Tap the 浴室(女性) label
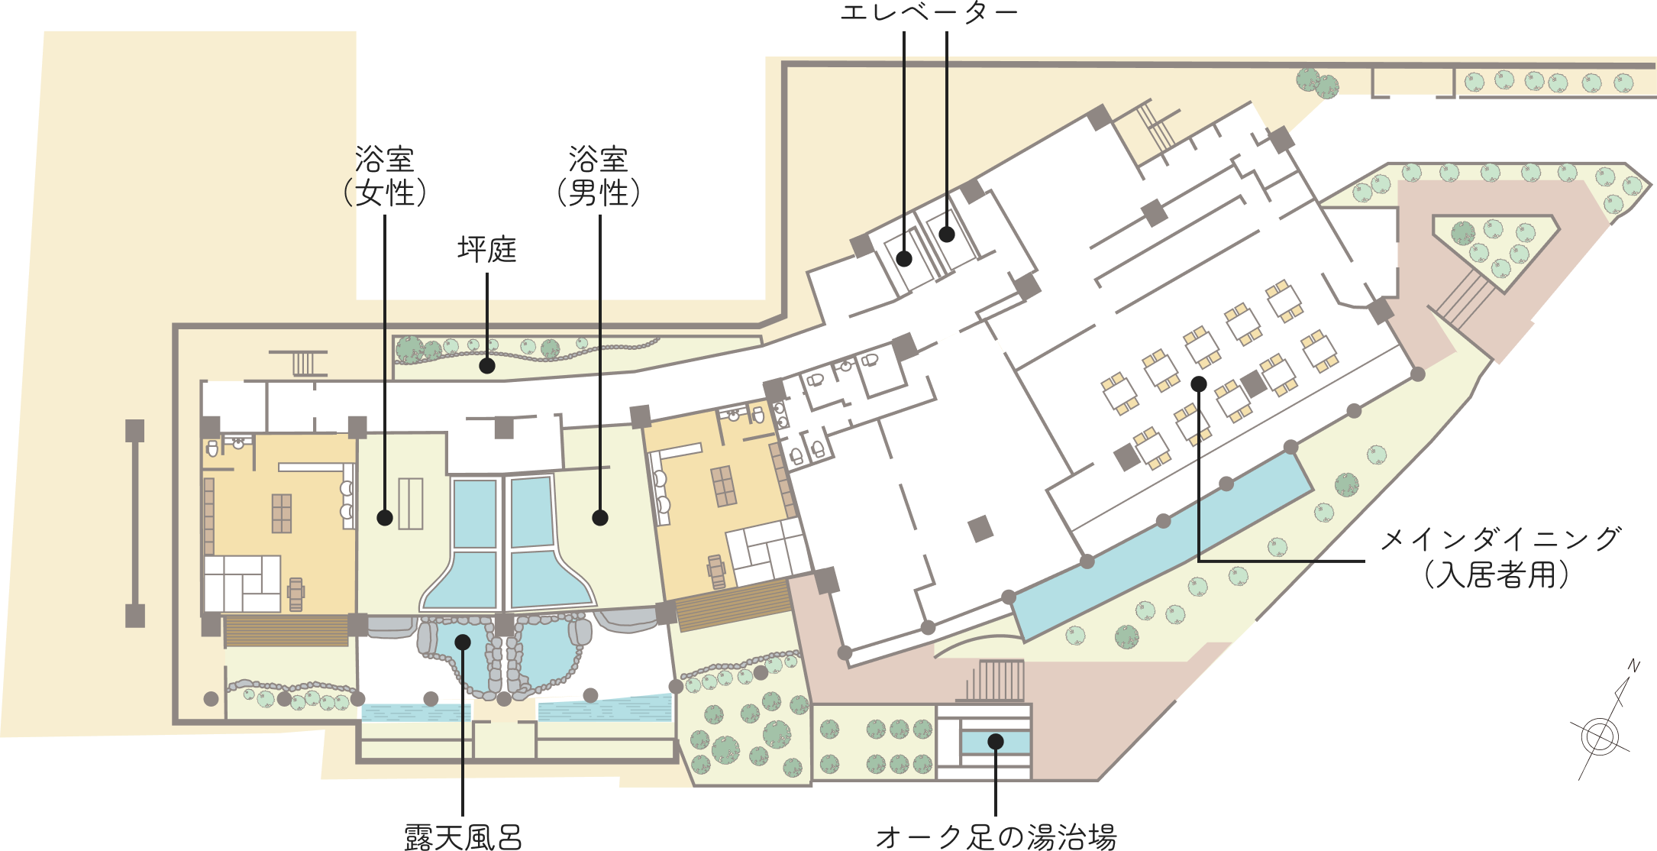[385, 176]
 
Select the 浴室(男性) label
[599, 176]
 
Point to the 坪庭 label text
[487, 249]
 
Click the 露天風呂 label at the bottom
[463, 837]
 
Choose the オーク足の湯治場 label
[996, 837]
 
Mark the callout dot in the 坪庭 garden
[487, 366]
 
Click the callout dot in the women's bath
[385, 518]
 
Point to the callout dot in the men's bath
[600, 518]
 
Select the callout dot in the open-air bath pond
[463, 642]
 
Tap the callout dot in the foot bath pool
[996, 741]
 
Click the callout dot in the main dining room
[1199, 383]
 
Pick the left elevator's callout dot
[904, 258]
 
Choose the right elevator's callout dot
[947, 235]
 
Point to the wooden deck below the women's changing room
[286, 631]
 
